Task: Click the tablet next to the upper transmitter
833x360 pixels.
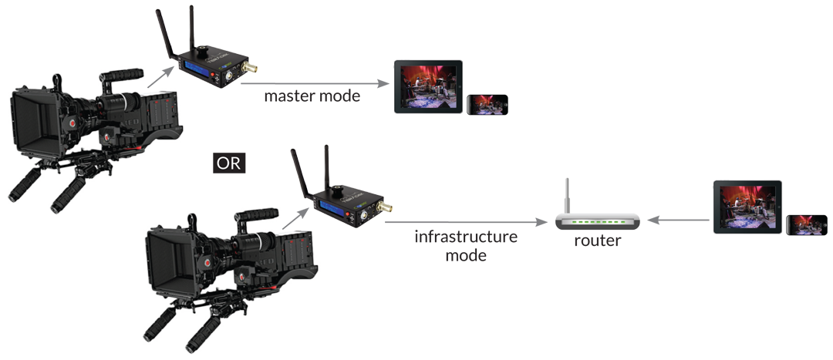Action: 428,88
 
